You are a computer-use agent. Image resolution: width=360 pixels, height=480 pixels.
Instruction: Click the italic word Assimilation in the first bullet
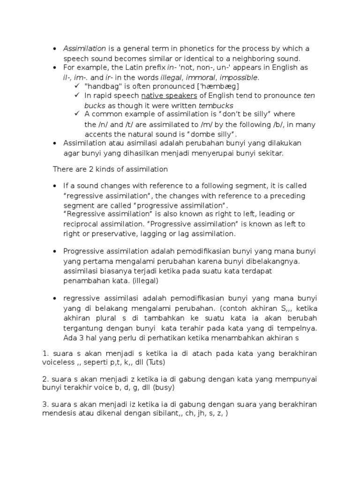tap(84, 49)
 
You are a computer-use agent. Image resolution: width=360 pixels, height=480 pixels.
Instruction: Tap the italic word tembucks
tap(216, 105)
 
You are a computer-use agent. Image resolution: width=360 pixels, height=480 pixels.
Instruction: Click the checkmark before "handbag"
tap(77, 86)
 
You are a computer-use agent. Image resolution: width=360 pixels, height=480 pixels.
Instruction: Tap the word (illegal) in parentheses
tap(146, 281)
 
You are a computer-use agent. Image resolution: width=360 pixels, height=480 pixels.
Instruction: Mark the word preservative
tap(114, 233)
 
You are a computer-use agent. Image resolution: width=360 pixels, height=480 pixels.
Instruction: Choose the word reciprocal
tap(81, 224)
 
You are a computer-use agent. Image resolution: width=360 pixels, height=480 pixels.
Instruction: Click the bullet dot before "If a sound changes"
tap(55, 186)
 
